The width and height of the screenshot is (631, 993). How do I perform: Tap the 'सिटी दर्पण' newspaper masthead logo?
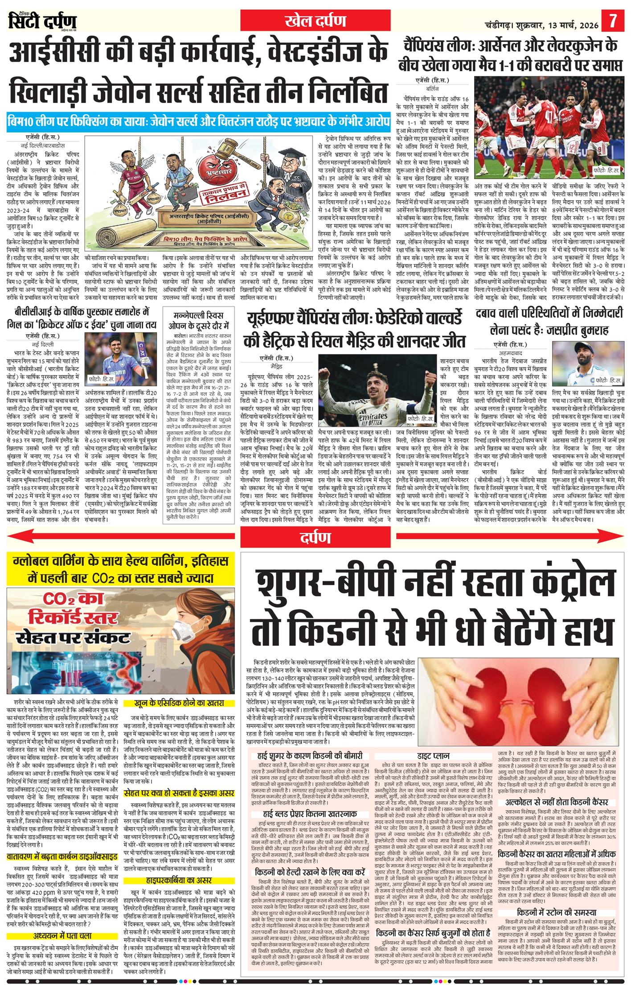[43, 21]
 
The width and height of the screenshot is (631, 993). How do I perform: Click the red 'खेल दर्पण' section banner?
[315, 21]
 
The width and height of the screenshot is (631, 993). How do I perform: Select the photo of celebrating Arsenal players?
[549, 128]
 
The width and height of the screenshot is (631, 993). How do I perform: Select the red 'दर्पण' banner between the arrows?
[315, 538]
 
